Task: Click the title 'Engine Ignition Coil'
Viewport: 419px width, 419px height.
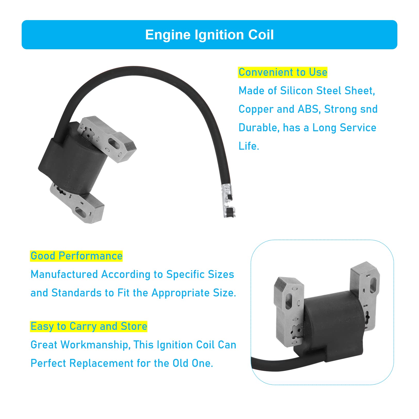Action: pyautogui.click(x=209, y=35)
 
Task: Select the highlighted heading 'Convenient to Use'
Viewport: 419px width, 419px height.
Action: pyautogui.click(x=283, y=72)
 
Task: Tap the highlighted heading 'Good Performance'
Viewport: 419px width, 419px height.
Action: pyautogui.click(x=76, y=256)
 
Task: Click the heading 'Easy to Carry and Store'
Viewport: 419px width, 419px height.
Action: pyautogui.click(x=89, y=326)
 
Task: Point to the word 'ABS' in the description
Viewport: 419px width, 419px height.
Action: pyautogui.click(x=308, y=109)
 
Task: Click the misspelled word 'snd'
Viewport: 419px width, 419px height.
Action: pyautogui.click(x=369, y=109)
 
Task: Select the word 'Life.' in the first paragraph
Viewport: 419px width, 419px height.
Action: pyautogui.click(x=249, y=146)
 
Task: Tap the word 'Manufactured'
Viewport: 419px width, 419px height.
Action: pyautogui.click(x=64, y=274)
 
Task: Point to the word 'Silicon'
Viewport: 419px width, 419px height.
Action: pyautogui.click(x=297, y=91)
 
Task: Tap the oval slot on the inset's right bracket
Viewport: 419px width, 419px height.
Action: pyautogui.click(x=373, y=285)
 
